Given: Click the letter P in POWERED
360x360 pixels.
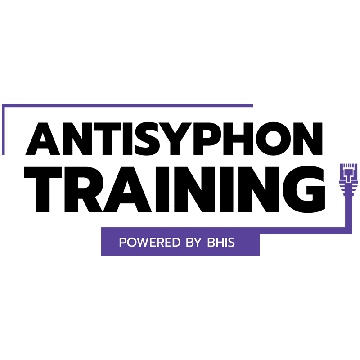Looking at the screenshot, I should (x=122, y=243).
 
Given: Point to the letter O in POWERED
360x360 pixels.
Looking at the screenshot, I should (x=130, y=243).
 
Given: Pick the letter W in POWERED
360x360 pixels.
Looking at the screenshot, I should (x=141, y=243).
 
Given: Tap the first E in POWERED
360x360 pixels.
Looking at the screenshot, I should (x=151, y=243).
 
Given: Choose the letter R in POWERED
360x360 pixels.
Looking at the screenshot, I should (x=158, y=243).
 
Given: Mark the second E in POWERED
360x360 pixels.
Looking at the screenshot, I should (x=166, y=243).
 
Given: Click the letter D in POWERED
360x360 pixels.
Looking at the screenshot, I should (x=174, y=243).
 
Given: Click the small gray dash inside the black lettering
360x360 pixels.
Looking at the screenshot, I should (x=222, y=164).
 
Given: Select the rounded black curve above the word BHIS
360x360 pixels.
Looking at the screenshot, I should (x=310, y=216).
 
